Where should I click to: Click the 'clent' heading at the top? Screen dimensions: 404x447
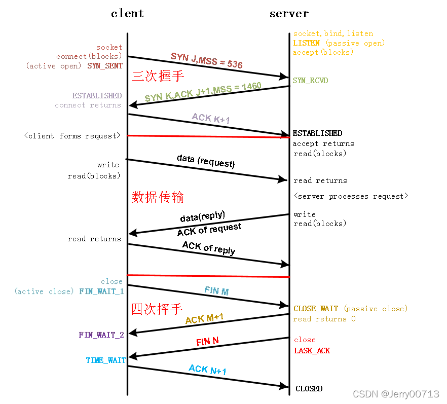tap(127, 13)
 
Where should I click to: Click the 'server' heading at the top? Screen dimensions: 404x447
tap(289, 13)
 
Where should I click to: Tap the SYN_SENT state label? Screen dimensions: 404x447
tap(105, 66)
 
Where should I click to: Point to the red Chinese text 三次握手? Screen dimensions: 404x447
tap(158, 76)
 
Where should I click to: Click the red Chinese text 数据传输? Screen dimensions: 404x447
tap(158, 197)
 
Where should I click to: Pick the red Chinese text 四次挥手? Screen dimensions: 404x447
tap(157, 309)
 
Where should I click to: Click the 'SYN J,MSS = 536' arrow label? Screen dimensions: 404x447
tap(206, 60)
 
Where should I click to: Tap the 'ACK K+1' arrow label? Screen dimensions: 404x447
tap(211, 119)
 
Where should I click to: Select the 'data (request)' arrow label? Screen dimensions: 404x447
tap(206, 161)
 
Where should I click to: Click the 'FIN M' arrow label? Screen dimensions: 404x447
tap(216, 291)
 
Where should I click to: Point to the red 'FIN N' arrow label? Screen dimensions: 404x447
tap(207, 341)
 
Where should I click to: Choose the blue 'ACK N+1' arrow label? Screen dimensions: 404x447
tap(207, 370)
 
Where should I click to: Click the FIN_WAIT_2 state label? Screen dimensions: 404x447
tap(101, 335)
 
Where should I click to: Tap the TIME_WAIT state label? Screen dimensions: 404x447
tap(105, 360)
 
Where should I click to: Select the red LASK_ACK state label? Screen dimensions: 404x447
tap(312, 350)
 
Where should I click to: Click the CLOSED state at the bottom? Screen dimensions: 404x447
tap(309, 389)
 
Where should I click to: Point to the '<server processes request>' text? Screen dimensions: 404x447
tap(351, 196)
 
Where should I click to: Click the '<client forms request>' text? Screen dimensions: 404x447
tap(72, 136)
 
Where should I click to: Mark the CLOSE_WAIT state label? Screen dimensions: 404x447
tap(315, 309)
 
